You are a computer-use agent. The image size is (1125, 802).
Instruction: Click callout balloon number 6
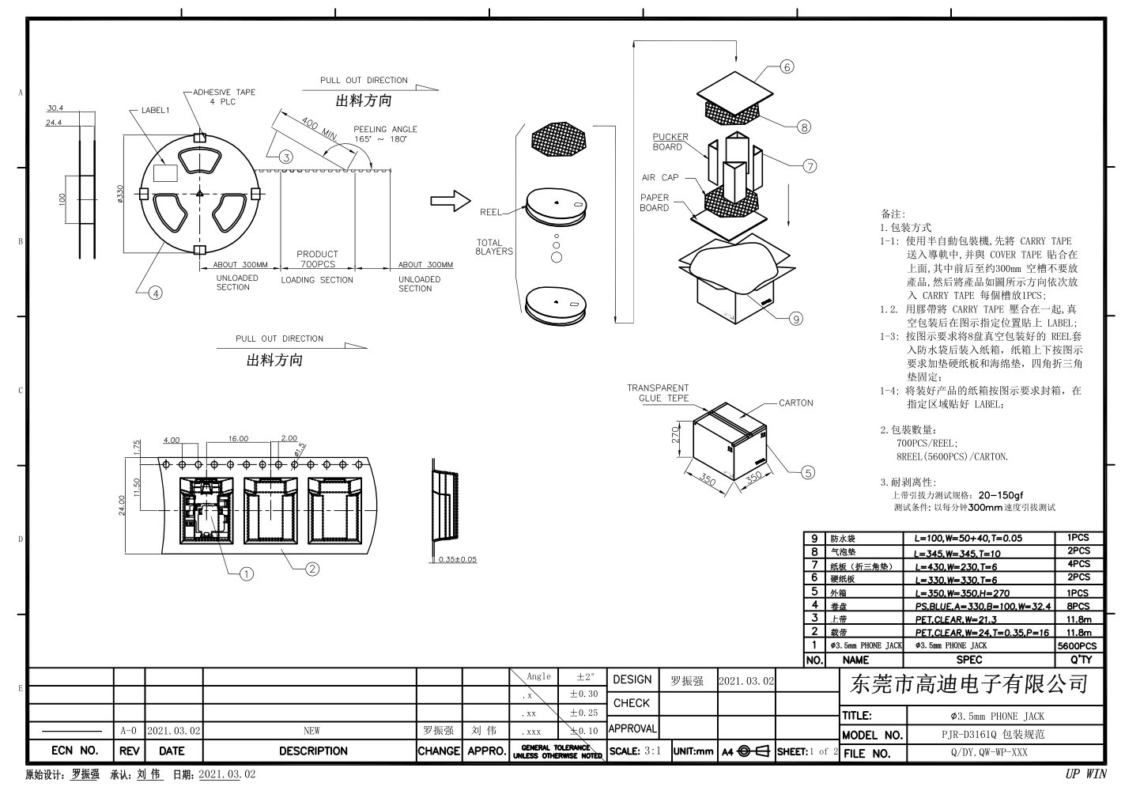[787, 67]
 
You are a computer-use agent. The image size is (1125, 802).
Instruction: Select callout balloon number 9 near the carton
[795, 319]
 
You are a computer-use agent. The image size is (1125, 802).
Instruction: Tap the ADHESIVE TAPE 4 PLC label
[224, 96]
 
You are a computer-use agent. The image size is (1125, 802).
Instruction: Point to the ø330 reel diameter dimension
[120, 194]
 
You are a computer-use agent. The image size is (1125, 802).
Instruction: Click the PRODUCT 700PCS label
[317, 259]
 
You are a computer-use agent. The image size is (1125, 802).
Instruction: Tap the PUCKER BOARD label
[670, 142]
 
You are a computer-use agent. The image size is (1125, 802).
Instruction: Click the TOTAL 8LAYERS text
[493, 248]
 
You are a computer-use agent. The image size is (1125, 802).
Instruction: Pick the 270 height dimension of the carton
[676, 436]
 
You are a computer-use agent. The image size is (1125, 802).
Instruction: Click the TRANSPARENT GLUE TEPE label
[658, 393]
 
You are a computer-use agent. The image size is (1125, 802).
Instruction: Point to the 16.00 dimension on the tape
[238, 439]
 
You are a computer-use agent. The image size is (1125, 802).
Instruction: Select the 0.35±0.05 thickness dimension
[458, 560]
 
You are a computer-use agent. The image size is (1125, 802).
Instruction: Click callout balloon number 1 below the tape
[247, 574]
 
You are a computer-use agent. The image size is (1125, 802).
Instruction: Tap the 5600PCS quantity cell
[1077, 645]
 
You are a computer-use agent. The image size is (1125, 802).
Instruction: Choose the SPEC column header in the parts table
[968, 660]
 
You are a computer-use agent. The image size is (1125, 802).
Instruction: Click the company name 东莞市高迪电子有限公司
[969, 685]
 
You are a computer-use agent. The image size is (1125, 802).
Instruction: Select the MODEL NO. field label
[872, 735]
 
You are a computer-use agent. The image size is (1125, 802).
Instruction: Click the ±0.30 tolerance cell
[583, 694]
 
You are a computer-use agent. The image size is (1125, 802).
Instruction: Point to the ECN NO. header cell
[74, 751]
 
